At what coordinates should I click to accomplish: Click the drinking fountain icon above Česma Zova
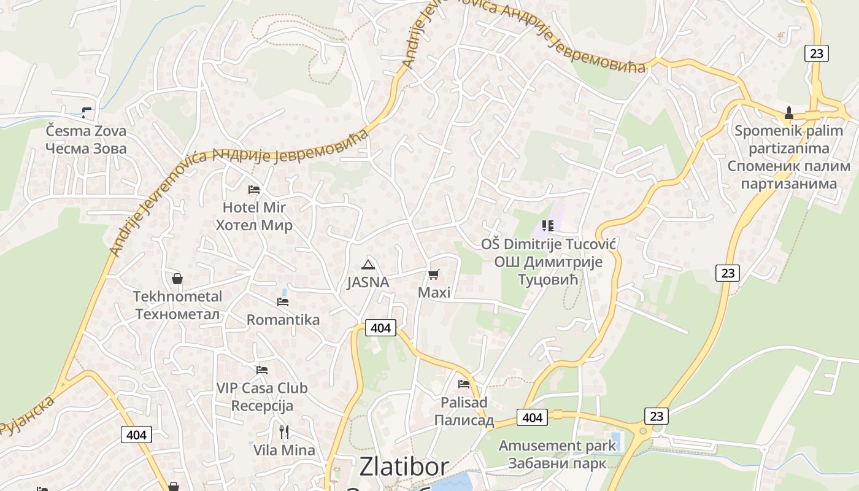coord(86,112)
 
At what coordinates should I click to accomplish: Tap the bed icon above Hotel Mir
coord(253,190)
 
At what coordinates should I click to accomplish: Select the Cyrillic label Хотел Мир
coord(253,225)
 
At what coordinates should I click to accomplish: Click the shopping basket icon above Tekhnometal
coord(177,279)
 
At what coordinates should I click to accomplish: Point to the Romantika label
coord(283,320)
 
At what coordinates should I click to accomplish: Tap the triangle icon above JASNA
coord(368,265)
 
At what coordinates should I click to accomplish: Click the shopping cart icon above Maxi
coord(434,274)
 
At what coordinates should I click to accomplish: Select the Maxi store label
coord(434,292)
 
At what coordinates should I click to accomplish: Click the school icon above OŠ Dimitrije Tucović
coord(547,226)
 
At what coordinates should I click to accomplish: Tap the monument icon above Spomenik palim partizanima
coord(789,113)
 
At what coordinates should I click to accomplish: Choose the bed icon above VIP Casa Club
coord(262,370)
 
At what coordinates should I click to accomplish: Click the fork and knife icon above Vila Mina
coord(284,432)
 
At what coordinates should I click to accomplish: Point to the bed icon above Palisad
coord(464,384)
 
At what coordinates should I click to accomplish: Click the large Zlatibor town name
coord(404,466)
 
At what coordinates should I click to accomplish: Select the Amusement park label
coord(557,445)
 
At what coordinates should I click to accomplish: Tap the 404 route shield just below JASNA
coord(380,328)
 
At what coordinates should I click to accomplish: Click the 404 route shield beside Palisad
coord(532,417)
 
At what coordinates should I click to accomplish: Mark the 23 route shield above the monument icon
coord(816,53)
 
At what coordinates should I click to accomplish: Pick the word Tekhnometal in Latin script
coord(177,296)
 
